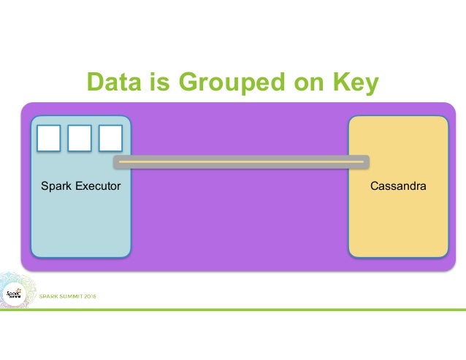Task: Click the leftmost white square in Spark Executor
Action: tap(49, 138)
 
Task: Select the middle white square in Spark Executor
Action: tap(80, 138)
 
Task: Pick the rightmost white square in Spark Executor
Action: tap(110, 138)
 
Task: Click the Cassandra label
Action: tap(398, 187)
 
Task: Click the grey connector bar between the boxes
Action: tap(241, 161)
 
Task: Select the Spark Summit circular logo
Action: tap(13, 294)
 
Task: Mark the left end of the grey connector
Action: tap(116, 161)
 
